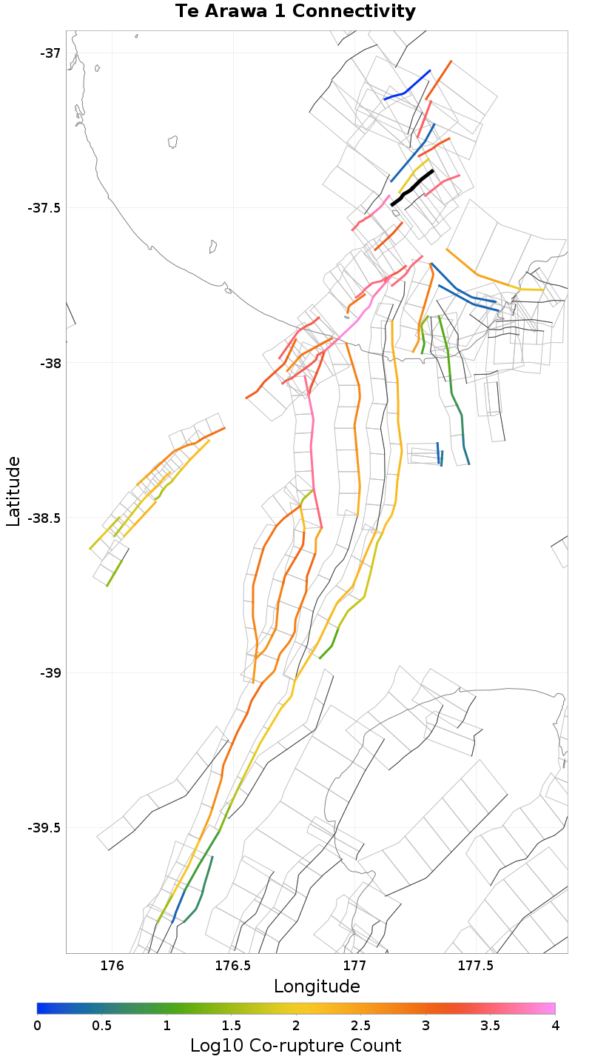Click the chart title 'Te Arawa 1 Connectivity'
coord(295,12)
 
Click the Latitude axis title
coord(13,491)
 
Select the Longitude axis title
coord(317,986)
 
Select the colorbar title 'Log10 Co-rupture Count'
coord(295,1046)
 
